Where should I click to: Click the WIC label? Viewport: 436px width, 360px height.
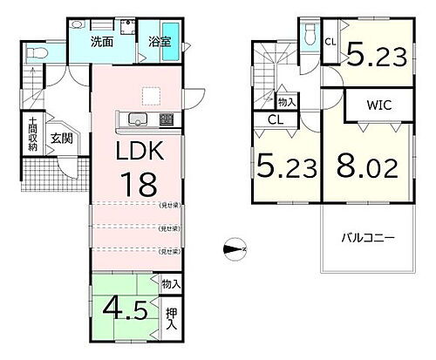tap(378, 105)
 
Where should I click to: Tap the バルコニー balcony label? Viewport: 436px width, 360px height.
tap(369, 236)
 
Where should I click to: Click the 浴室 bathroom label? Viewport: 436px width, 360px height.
tap(159, 41)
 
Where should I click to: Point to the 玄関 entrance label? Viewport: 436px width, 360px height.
tap(59, 137)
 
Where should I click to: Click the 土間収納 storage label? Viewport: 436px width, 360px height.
tap(32, 134)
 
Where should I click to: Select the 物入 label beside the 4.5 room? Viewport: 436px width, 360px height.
tap(171, 284)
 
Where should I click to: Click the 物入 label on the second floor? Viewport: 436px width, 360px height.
tap(285, 103)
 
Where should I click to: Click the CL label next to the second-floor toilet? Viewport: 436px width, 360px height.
tap(330, 41)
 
